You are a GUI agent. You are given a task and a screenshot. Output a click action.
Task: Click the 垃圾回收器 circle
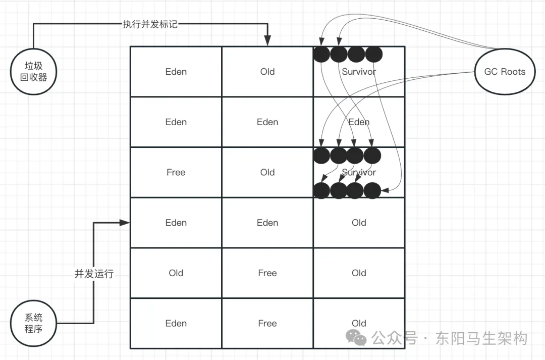(x=33, y=72)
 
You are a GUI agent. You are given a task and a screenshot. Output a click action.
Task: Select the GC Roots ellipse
(x=505, y=72)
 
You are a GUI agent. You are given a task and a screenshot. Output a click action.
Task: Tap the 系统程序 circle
(x=33, y=323)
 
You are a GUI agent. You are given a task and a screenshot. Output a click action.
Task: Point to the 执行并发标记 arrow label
(x=150, y=24)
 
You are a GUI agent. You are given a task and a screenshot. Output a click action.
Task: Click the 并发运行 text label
(x=94, y=274)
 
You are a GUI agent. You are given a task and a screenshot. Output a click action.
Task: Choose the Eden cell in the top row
(x=176, y=72)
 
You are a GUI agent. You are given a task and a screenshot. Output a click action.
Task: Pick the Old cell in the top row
(x=267, y=72)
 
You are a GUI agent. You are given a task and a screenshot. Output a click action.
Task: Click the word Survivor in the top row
(x=359, y=72)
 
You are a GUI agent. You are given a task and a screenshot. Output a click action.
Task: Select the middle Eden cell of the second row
(x=267, y=122)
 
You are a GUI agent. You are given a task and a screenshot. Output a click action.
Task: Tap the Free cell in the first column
(x=176, y=172)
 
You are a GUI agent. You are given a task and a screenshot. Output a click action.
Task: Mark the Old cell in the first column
(x=176, y=273)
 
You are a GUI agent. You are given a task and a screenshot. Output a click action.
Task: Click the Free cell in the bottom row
(x=267, y=323)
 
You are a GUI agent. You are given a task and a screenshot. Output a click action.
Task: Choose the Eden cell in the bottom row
(x=176, y=323)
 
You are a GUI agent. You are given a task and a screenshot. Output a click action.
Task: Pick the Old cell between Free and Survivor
(x=267, y=172)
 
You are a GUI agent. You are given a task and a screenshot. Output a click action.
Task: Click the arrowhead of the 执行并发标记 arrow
(x=267, y=42)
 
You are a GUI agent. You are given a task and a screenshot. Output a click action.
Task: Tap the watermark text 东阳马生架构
(x=481, y=338)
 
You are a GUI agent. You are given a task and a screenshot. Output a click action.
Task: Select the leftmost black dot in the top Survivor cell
(x=321, y=54)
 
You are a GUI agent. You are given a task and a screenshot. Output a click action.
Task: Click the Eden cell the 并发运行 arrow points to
(x=176, y=223)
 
